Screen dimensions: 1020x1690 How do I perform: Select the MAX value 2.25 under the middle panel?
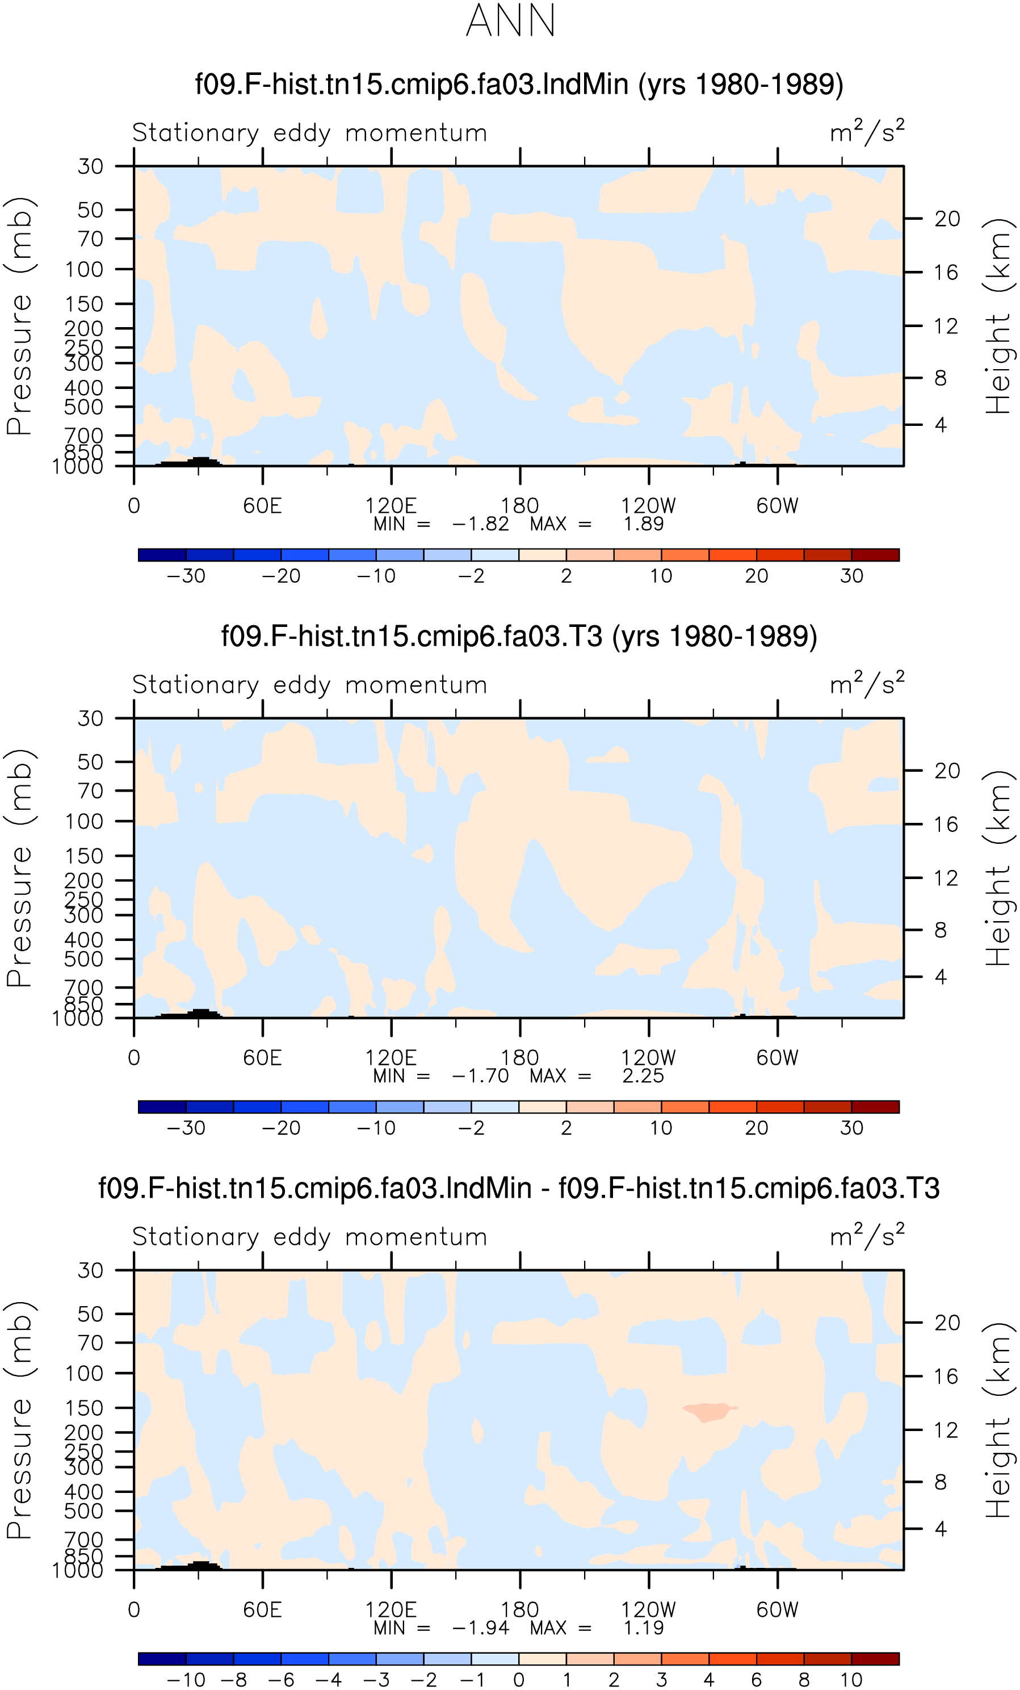(643, 1076)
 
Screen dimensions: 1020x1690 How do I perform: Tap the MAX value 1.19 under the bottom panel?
(644, 1628)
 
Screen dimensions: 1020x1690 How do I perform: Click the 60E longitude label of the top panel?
(263, 506)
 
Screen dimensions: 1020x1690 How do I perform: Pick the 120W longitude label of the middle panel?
(648, 1057)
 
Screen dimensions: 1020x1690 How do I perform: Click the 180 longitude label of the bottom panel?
(519, 1610)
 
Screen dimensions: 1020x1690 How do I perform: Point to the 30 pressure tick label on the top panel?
(90, 166)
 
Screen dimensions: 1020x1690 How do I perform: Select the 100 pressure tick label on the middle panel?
(85, 821)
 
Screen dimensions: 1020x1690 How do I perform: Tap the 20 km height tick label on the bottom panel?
(947, 1323)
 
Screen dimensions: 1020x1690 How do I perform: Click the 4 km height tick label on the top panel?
(941, 425)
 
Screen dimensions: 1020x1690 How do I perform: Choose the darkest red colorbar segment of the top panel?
(875, 555)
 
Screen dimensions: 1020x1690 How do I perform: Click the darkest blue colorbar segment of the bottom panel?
(162, 1659)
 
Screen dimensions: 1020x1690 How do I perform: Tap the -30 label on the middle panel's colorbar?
(186, 1128)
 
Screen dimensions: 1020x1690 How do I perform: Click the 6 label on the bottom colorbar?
(757, 1680)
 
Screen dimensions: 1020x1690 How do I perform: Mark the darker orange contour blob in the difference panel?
(709, 1412)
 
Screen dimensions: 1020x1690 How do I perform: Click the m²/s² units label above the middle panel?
(867, 683)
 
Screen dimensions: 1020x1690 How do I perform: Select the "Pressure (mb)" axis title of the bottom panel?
(19, 1420)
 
